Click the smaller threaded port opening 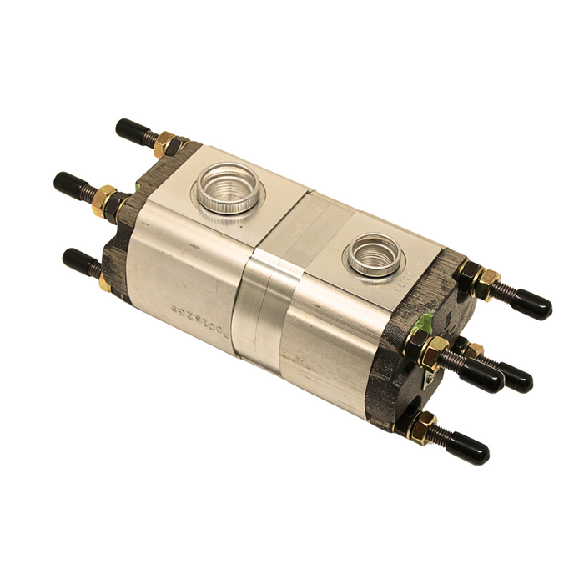tap(375, 254)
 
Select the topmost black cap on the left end tap(132, 130)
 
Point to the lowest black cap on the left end tap(80, 260)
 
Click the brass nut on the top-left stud tap(164, 144)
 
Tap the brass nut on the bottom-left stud tap(106, 282)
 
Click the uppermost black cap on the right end tap(531, 305)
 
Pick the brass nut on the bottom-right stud tap(424, 425)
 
